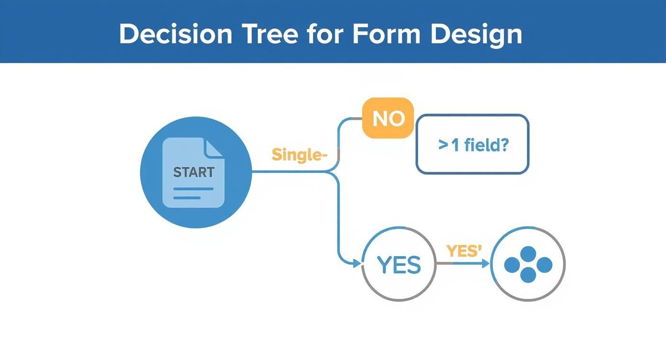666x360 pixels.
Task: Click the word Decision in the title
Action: (x=175, y=34)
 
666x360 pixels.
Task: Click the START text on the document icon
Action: (x=193, y=172)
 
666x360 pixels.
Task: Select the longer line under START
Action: (x=193, y=189)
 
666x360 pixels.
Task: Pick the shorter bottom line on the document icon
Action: (x=186, y=198)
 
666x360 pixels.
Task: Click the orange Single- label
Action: (x=299, y=155)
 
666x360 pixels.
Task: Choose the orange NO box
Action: (x=388, y=118)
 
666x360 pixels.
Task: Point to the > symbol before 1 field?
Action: (x=443, y=144)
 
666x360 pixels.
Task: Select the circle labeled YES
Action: (x=399, y=264)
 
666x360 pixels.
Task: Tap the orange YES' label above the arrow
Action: (x=464, y=251)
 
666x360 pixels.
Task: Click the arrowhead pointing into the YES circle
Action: (x=356, y=263)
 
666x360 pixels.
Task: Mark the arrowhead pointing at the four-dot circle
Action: (x=486, y=263)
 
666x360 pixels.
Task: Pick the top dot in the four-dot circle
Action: (x=528, y=254)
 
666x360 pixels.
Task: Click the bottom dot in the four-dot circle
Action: (x=528, y=275)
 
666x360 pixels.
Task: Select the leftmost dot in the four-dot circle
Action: (x=512, y=264)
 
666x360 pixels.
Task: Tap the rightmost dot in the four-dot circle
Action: (x=544, y=264)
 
